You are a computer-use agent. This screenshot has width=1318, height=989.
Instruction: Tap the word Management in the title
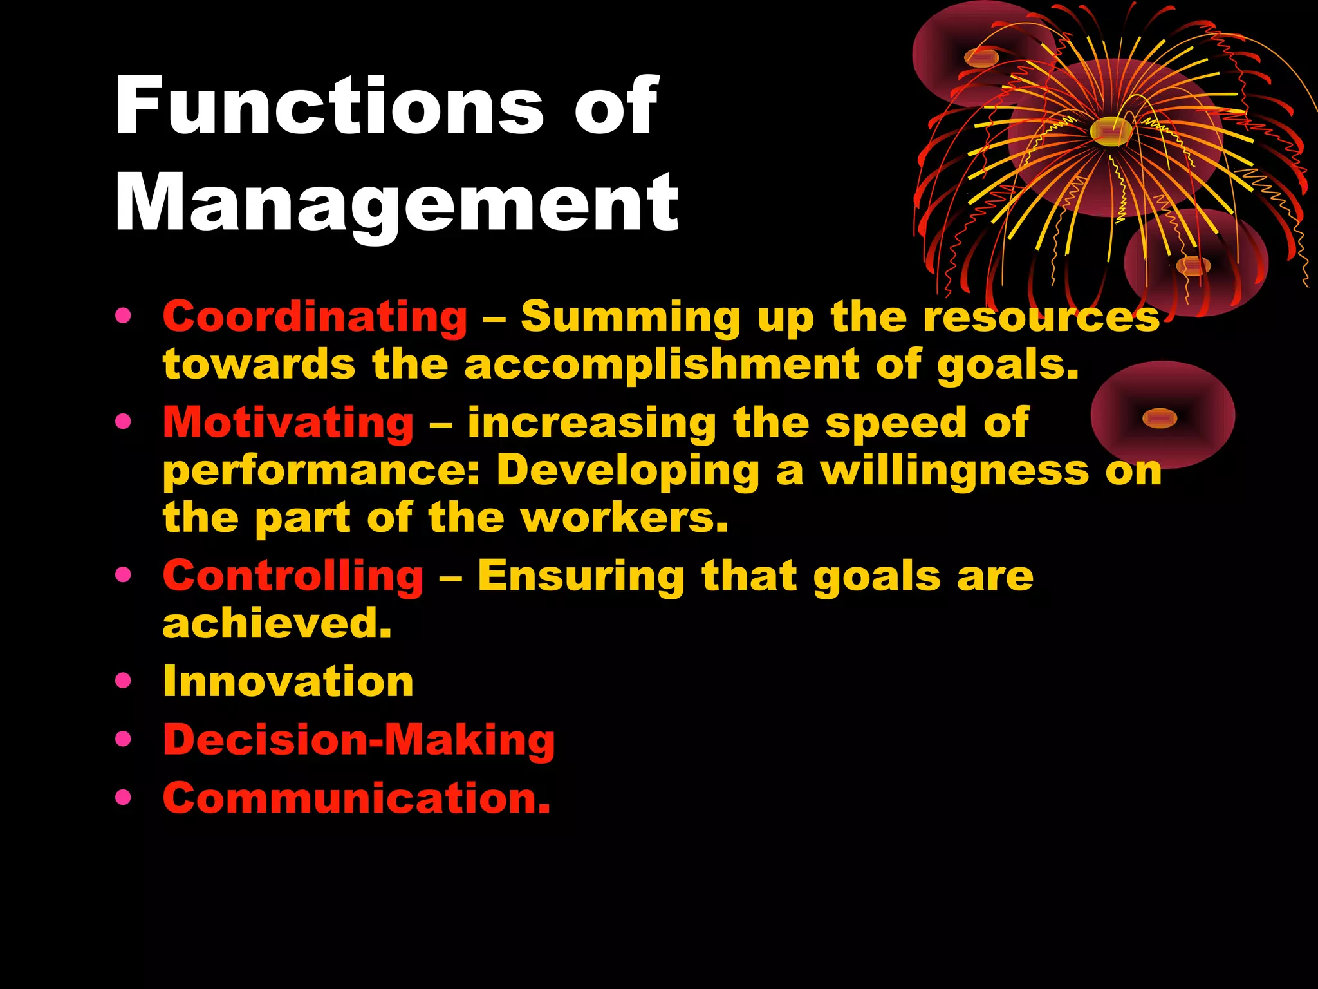396,203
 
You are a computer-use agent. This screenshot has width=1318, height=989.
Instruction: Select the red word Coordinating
315,317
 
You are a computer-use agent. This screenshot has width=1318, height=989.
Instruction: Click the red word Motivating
288,422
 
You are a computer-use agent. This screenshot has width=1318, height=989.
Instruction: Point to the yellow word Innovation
288,681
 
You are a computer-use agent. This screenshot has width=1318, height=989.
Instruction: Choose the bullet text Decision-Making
358,739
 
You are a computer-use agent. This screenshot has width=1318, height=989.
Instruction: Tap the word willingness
954,471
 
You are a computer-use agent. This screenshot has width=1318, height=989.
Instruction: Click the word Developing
628,471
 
